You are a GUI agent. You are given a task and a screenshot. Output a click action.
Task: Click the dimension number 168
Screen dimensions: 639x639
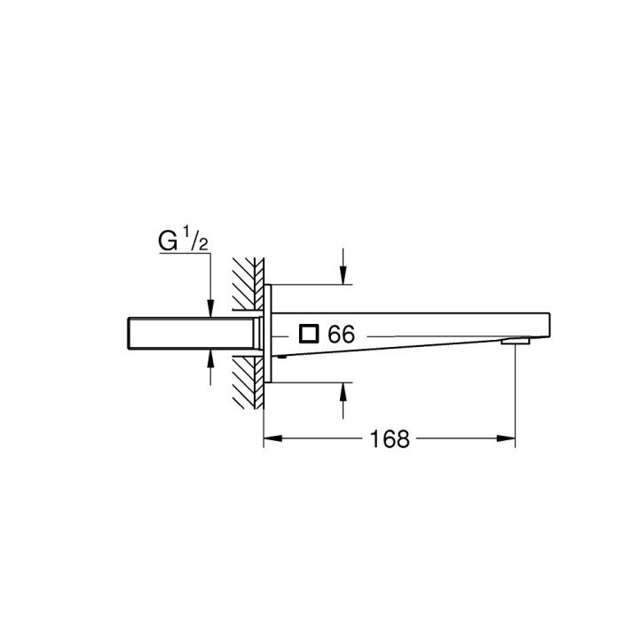[x=390, y=438]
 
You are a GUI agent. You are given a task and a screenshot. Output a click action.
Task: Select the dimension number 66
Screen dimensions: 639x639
[x=341, y=335]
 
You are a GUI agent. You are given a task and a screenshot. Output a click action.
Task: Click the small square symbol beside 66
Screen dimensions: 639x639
[x=309, y=334]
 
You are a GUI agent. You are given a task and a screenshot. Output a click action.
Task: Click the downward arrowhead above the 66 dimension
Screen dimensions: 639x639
[x=343, y=279]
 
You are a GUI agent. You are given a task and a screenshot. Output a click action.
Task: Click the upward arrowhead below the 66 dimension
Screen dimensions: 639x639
[x=343, y=390]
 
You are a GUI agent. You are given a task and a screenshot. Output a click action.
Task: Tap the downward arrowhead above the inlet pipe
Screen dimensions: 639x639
[x=209, y=310]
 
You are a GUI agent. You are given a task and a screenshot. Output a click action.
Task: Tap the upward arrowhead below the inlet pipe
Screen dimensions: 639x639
[x=209, y=357]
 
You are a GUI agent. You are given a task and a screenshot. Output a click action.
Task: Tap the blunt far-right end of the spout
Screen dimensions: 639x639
[x=551, y=325]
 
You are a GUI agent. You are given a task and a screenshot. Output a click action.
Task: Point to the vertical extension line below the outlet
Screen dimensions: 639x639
[x=516, y=390]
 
